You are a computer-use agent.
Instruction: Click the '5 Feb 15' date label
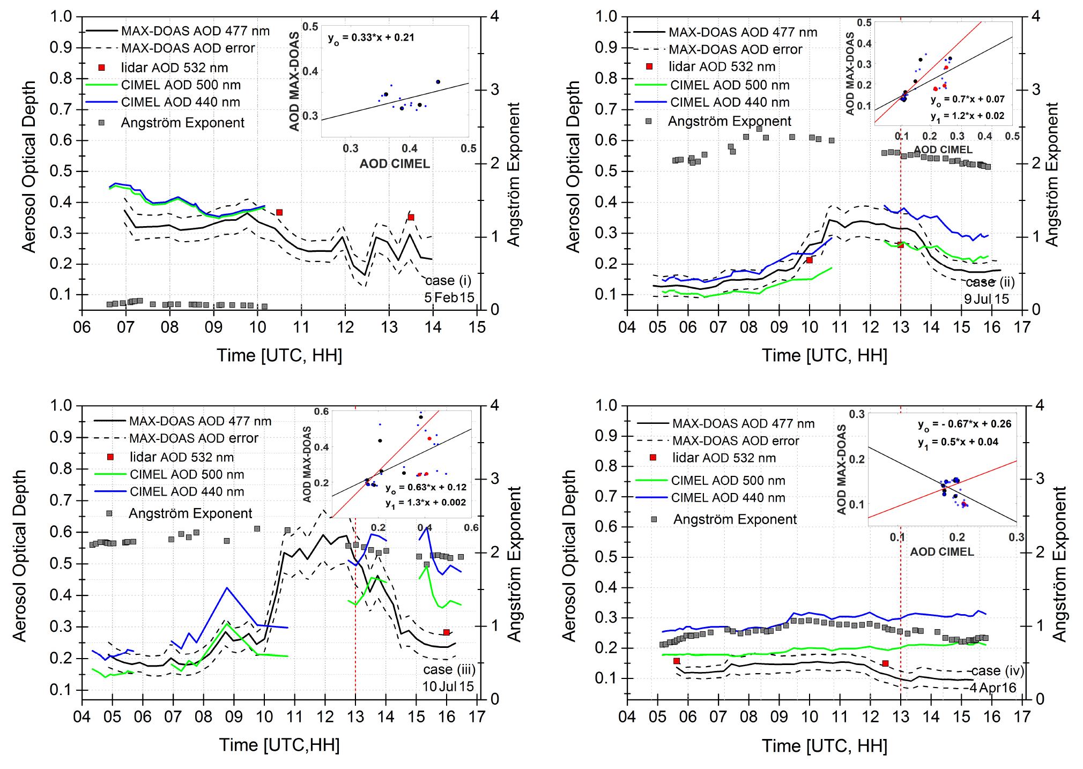click(449, 297)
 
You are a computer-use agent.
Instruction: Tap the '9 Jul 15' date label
click(986, 299)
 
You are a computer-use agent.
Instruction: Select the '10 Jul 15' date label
click(448, 686)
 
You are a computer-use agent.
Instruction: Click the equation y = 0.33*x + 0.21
click(371, 38)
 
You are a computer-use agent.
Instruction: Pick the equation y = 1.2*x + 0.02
click(968, 116)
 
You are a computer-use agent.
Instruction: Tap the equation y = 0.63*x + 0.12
click(426, 488)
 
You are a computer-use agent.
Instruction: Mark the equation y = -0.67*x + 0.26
click(965, 424)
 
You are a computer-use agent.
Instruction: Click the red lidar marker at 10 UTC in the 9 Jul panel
click(810, 260)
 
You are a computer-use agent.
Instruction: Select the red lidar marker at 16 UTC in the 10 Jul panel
click(447, 632)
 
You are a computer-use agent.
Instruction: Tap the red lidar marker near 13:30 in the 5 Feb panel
click(411, 218)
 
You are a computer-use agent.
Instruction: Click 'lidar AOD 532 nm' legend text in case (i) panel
click(174, 68)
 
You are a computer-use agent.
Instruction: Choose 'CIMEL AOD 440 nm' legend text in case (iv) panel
click(728, 498)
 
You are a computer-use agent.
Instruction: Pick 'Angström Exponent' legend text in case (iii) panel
click(190, 513)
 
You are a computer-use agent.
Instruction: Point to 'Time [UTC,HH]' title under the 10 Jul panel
click(279, 745)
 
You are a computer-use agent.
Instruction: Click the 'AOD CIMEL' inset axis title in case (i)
click(395, 164)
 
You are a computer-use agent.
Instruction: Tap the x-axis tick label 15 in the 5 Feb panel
click(477, 327)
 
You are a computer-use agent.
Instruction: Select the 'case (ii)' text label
click(990, 282)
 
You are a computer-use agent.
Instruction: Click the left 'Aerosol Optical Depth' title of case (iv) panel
click(569, 556)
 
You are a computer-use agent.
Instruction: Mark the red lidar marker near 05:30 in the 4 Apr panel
click(677, 661)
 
